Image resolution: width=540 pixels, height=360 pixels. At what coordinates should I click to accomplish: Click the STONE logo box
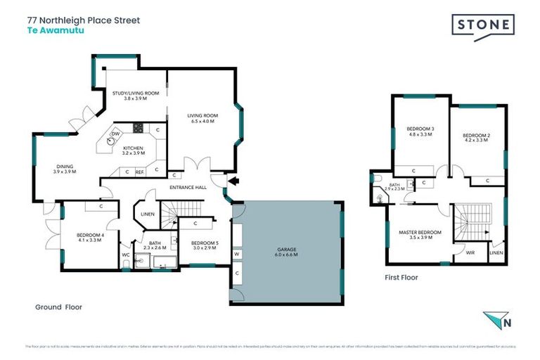click(482, 27)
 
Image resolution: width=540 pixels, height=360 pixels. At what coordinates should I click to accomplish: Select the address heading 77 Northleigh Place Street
click(83, 20)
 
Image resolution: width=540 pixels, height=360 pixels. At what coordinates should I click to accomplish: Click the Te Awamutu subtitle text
click(51, 31)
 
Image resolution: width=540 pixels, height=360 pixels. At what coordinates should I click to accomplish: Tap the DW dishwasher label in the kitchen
click(116, 134)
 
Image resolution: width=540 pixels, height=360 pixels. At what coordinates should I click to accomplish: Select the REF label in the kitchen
click(139, 172)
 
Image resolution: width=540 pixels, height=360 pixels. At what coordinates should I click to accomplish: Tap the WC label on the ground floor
click(125, 255)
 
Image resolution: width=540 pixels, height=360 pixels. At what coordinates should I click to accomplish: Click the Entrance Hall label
click(188, 188)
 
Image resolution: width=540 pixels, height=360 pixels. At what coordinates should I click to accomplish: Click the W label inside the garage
click(237, 254)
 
